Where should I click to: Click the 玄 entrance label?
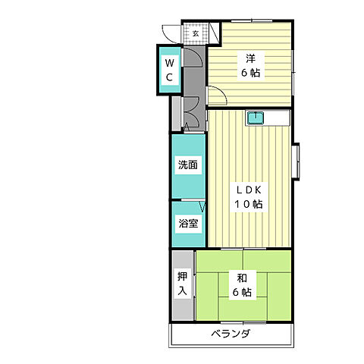tap(196, 33)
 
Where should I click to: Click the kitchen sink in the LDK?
tap(256, 118)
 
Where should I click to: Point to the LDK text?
tap(248, 190)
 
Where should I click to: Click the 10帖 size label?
tap(248, 204)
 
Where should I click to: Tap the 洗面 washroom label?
tap(189, 165)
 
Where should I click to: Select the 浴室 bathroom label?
tap(188, 224)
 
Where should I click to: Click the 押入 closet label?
tap(183, 283)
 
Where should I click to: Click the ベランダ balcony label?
tap(231, 334)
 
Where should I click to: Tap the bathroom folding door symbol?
tap(202, 207)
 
